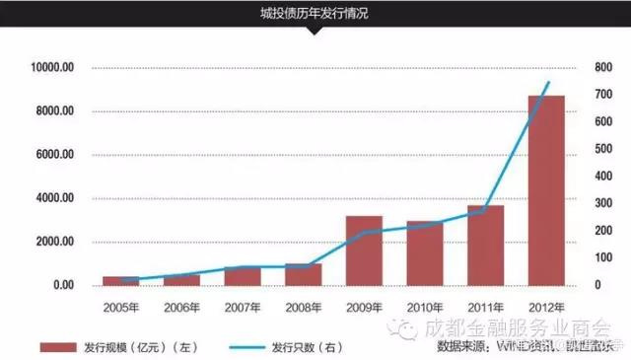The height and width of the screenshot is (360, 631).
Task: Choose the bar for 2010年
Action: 425,252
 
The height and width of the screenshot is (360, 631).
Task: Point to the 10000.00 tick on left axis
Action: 51,67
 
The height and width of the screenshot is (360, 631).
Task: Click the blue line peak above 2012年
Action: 548,82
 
